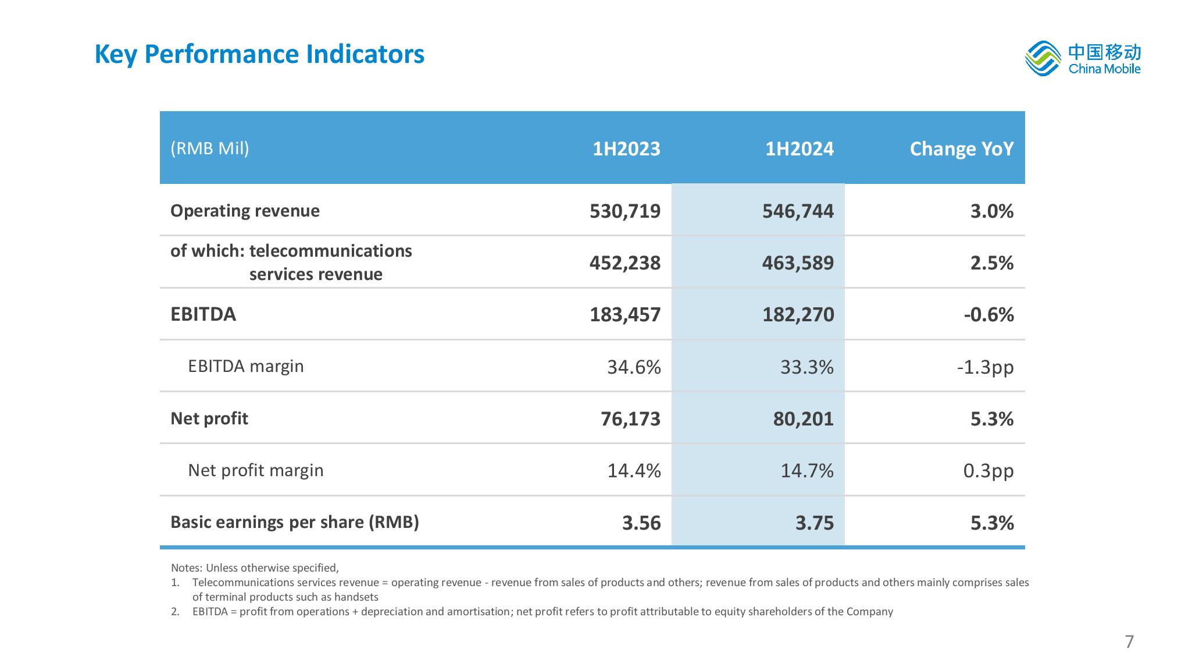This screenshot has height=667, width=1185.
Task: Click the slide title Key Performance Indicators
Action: tap(259, 54)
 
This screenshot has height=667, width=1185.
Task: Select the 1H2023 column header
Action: tap(626, 149)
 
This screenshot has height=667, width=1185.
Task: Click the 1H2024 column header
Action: tap(799, 149)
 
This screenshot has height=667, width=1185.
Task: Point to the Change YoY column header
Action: tap(962, 149)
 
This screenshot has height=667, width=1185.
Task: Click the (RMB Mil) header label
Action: tap(210, 148)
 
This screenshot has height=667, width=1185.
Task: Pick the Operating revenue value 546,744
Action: tap(798, 211)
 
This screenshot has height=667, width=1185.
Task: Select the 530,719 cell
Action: tap(625, 211)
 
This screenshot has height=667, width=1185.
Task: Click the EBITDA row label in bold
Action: tap(203, 314)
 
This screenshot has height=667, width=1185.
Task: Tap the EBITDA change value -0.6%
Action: tap(988, 315)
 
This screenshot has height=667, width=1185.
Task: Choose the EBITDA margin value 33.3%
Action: tap(807, 367)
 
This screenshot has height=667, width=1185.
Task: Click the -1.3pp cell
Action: tap(985, 367)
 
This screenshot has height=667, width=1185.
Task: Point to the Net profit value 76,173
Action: tap(630, 419)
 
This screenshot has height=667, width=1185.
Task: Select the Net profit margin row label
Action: tap(255, 470)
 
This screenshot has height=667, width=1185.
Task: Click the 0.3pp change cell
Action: tap(988, 471)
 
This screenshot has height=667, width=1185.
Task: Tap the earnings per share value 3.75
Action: tap(815, 523)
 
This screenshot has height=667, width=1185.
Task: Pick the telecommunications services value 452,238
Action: tap(625, 263)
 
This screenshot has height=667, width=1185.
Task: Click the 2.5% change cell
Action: tap(992, 263)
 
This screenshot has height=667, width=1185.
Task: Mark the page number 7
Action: tap(1129, 641)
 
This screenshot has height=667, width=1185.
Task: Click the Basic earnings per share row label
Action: tap(295, 522)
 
